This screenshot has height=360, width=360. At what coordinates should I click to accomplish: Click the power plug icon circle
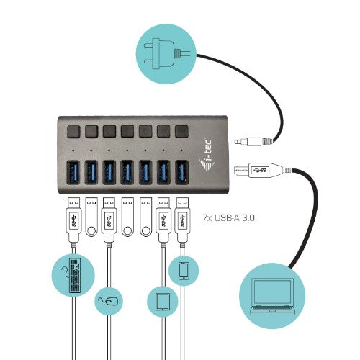pos(165,48)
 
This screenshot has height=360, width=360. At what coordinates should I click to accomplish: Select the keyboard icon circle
pos(74,276)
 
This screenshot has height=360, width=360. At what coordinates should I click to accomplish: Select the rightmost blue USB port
pos(181,171)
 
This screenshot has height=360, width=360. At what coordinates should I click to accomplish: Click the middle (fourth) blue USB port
pos(127,171)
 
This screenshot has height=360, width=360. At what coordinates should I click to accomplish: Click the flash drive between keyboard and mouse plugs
pos(91,217)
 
